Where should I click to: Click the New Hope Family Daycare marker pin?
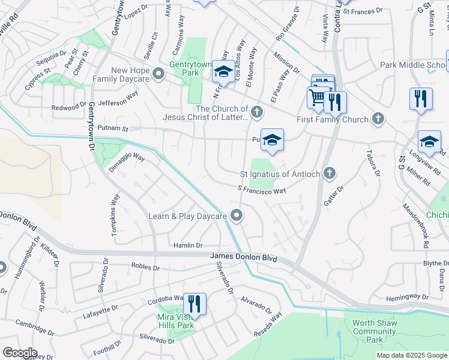pyautogui.click(x=158, y=74)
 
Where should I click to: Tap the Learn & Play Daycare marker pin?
pyautogui.click(x=237, y=215)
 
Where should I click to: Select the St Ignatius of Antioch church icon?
pyautogui.click(x=329, y=174)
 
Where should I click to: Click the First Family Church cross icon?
pyautogui.click(x=378, y=119)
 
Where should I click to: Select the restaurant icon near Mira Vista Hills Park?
pyautogui.click(x=194, y=304)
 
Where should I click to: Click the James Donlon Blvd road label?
pyautogui.click(x=244, y=257)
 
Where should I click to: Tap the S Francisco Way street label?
pyautogui.click(x=262, y=190)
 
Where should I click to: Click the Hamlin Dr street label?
pyautogui.click(x=188, y=245)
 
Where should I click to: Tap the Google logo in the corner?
pyautogui.click(x=20, y=353)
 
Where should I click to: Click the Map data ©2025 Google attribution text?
pyautogui.click(x=412, y=355)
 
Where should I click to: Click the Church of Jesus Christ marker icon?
pyautogui.click(x=257, y=112)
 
